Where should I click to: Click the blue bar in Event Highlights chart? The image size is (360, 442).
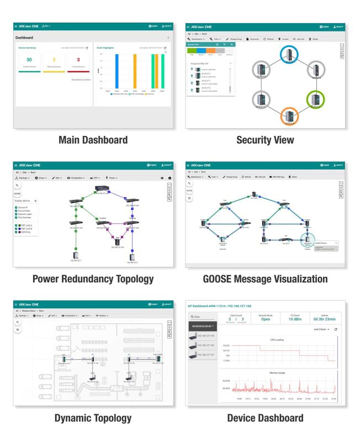(102, 71)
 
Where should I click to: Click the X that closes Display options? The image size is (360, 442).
(36, 201)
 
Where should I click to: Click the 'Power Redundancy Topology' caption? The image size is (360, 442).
(93, 279)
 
